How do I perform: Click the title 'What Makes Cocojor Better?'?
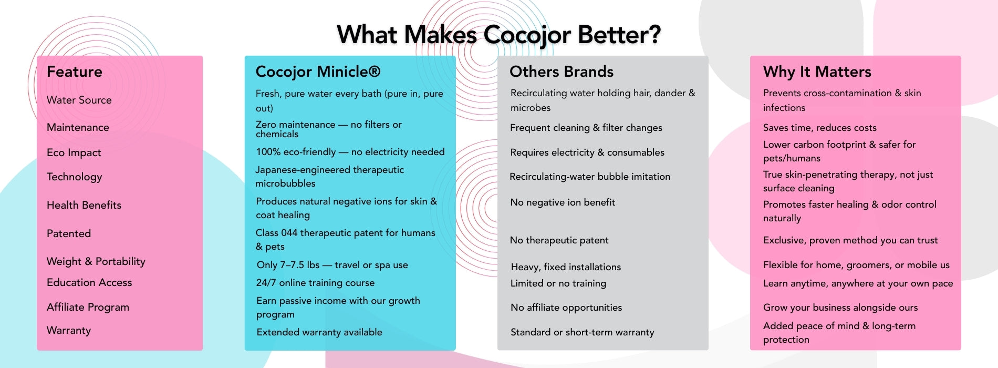point(498,35)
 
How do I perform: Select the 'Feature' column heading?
point(75,71)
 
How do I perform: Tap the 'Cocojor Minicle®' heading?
point(318,71)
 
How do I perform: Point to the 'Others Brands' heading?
point(562,71)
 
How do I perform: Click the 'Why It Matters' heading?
point(817,71)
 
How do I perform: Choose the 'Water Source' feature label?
point(79,100)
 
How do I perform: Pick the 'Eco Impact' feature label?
point(74,152)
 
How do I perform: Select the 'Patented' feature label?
point(69,233)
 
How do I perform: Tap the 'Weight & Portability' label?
point(96,261)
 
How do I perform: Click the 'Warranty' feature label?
point(69,330)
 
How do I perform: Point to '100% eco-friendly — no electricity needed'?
point(350,152)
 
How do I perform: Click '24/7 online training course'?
point(315,283)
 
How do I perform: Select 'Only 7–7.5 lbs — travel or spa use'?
point(332,265)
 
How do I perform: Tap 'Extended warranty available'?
point(319,332)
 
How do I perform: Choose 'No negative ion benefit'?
point(563,202)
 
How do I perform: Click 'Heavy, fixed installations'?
point(566,267)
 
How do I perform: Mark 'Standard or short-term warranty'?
point(583,332)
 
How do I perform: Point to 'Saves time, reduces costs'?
point(820,128)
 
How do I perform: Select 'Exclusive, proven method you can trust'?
point(850,240)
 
